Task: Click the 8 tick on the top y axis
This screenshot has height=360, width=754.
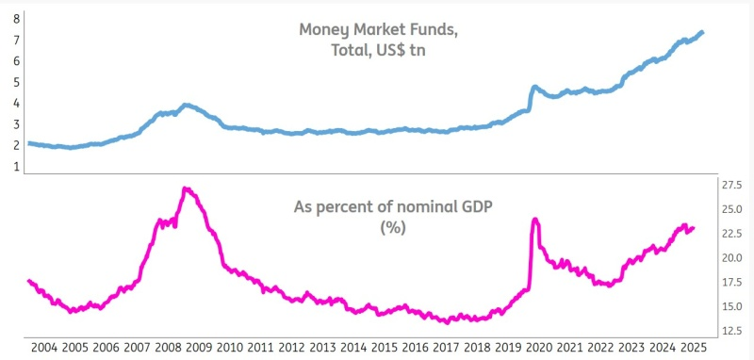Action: click(x=15, y=19)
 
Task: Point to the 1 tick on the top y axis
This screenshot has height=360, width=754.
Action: click(x=15, y=166)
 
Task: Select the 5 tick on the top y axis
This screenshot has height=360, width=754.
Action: click(x=15, y=82)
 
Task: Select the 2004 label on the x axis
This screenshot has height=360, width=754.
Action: click(x=45, y=348)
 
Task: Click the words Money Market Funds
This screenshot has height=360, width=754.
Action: click(x=379, y=29)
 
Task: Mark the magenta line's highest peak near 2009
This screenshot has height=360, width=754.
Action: click(x=186, y=188)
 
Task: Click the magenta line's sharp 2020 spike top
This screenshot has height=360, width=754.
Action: click(x=535, y=220)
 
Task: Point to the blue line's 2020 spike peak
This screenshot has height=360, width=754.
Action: click(x=534, y=87)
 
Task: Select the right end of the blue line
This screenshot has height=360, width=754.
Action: click(x=702, y=33)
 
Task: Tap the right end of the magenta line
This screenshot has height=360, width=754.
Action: click(x=694, y=227)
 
